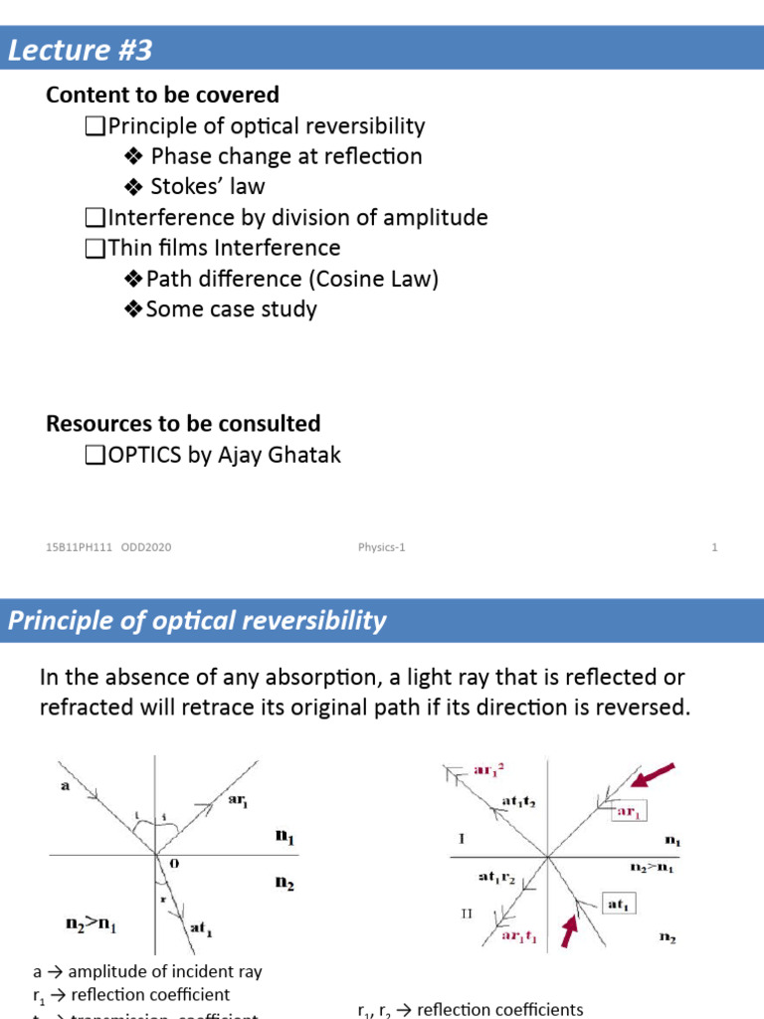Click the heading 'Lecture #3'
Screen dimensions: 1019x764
point(81,50)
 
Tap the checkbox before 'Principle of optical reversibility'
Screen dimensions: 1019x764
point(95,126)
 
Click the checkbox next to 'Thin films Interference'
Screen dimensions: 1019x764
point(95,248)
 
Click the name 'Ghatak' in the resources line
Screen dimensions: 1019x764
point(302,456)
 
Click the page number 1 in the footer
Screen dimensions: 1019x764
point(714,547)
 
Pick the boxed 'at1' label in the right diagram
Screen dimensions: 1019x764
point(619,904)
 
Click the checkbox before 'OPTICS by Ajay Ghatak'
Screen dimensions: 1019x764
point(95,457)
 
